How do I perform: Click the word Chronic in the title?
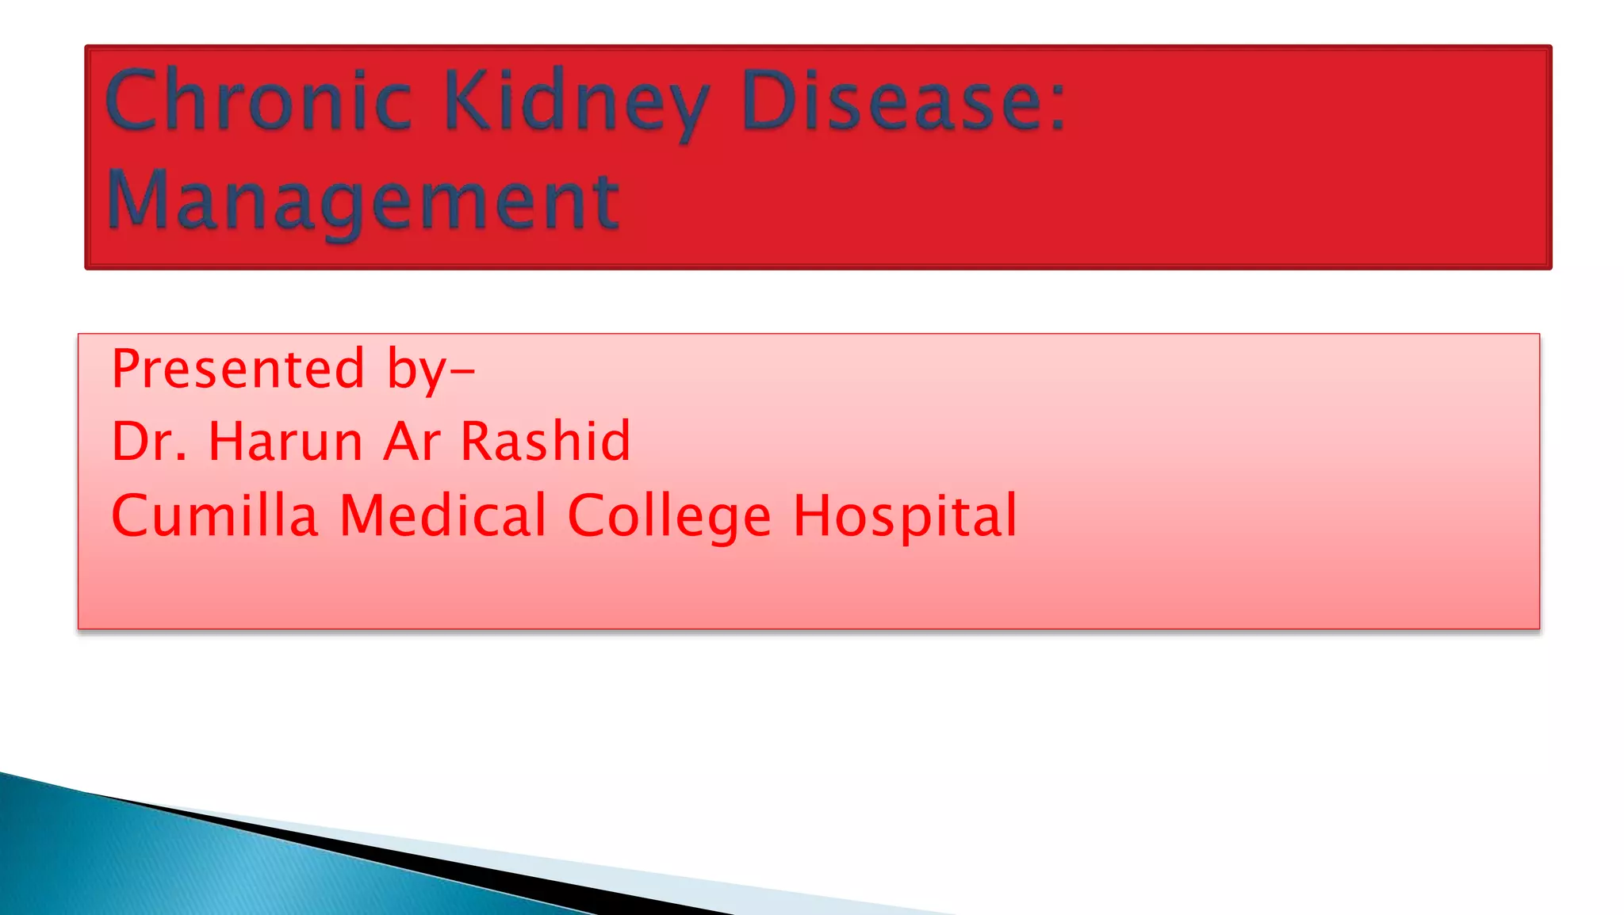click(259, 101)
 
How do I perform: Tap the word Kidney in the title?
click(576, 103)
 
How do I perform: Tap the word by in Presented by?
click(416, 370)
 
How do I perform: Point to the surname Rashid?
click(546, 441)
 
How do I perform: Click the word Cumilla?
click(215, 515)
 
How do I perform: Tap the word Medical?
click(442, 515)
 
